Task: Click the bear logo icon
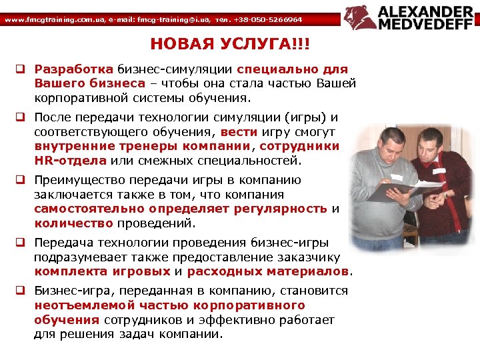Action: tap(359, 18)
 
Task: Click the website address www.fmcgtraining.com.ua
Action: tap(46, 20)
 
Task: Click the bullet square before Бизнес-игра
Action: tap(21, 291)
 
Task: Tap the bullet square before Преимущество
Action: tap(21, 181)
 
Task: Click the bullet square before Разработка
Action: tap(21, 69)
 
